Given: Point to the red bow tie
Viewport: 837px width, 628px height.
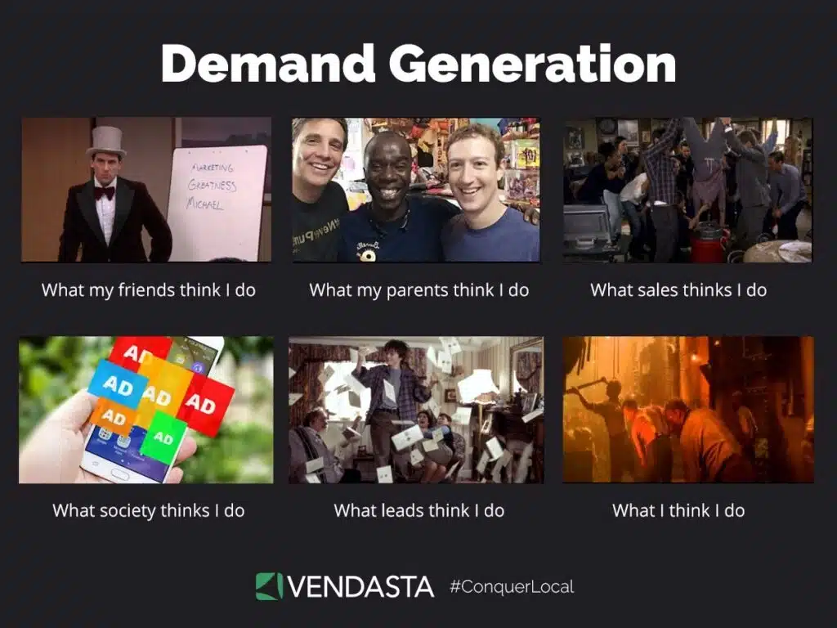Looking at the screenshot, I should coord(104,193).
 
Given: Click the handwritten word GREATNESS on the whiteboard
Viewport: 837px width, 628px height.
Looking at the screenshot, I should coord(212,185).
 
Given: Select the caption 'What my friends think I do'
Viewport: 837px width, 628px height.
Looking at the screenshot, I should coord(148,289).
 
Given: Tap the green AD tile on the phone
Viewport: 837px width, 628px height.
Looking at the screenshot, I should coord(163,437).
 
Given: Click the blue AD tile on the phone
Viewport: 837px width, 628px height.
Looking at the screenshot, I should coord(118,384).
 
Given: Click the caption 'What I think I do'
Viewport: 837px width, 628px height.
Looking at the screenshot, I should coord(678,510).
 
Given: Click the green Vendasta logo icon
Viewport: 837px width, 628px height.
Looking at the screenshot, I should coord(269,585).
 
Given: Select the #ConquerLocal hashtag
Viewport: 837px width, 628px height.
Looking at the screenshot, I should coord(512,586).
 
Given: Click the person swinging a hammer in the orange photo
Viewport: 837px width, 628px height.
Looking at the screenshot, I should coord(609,409).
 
